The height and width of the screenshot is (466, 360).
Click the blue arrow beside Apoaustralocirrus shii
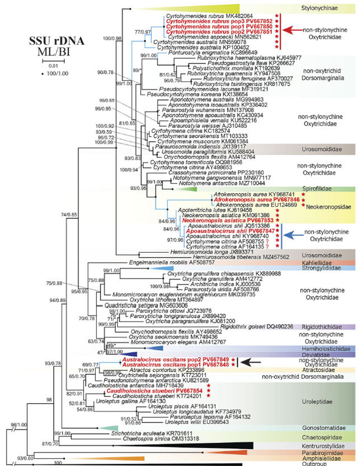293,230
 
